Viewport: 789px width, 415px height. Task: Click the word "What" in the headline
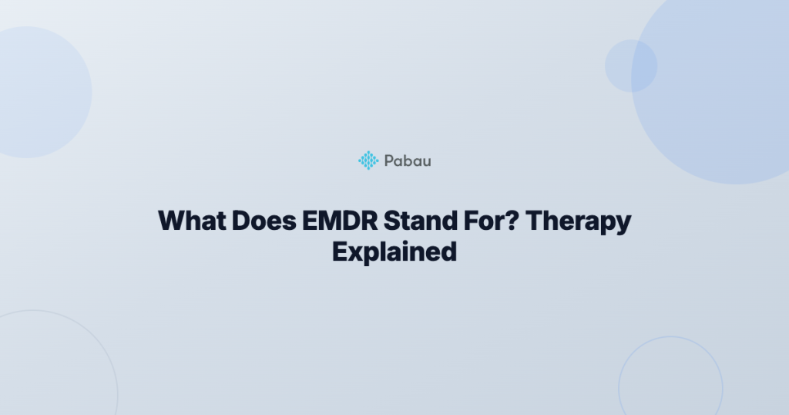pyautogui.click(x=192, y=221)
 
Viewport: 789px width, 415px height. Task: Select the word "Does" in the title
pyautogui.click(x=264, y=221)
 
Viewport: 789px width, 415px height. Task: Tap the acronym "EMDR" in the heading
pyautogui.click(x=340, y=221)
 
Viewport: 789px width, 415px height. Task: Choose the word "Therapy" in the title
pyautogui.click(x=579, y=222)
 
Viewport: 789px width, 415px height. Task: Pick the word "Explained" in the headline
pyautogui.click(x=394, y=252)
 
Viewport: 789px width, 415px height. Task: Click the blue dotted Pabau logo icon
pyautogui.click(x=368, y=160)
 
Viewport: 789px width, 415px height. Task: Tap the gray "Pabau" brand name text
pyautogui.click(x=408, y=160)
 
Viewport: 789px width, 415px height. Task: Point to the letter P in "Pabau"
pyautogui.click(x=389, y=160)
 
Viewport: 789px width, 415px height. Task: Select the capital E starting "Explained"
pyautogui.click(x=340, y=251)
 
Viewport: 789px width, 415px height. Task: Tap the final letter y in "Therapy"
pyautogui.click(x=624, y=224)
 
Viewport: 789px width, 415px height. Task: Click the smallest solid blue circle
pyautogui.click(x=631, y=66)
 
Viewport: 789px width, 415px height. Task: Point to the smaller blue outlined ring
pyautogui.click(x=619, y=388)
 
